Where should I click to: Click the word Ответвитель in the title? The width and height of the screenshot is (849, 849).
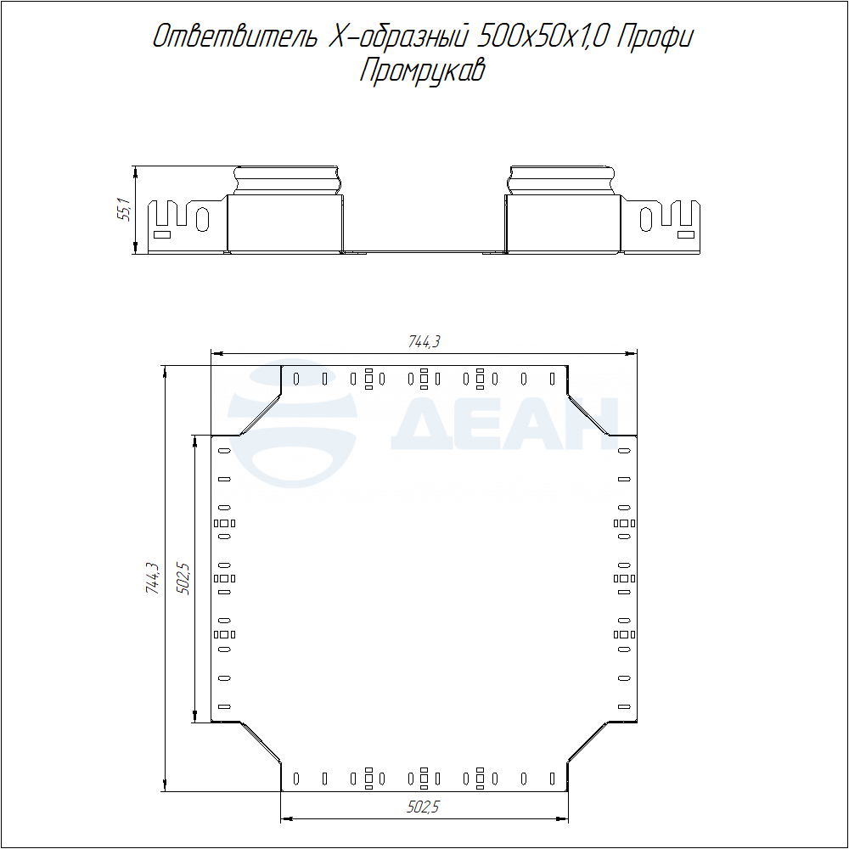(235, 37)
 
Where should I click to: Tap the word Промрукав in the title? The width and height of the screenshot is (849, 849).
(422, 71)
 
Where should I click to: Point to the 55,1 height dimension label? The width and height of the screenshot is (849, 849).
(125, 210)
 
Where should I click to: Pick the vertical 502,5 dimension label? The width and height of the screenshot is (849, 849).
(184, 579)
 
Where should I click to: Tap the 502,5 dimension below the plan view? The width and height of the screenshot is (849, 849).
(424, 807)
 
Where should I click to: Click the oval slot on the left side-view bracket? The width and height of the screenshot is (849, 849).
(203, 219)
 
